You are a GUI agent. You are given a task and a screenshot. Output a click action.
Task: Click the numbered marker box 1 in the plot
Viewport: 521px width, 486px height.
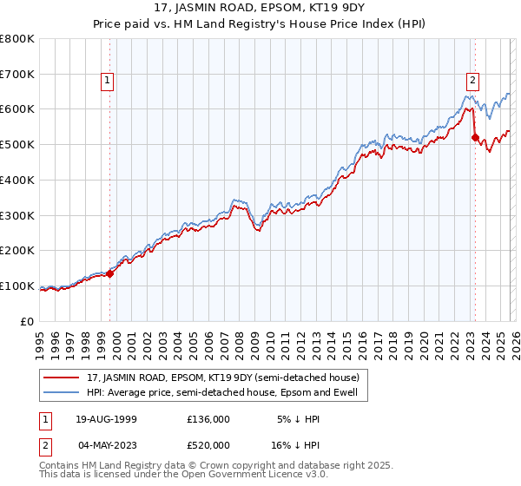pos(107,82)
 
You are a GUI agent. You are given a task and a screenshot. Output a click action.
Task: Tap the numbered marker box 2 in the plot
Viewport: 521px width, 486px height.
pos(472,82)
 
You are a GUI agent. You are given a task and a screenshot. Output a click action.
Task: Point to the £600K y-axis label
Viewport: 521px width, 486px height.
pos(17,109)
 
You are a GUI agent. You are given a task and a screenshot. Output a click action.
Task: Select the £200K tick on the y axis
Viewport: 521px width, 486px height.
pos(17,251)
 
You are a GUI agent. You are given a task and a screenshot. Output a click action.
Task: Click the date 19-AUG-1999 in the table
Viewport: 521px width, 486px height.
pos(105,419)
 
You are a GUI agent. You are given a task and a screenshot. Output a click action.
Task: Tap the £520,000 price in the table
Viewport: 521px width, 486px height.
pos(208,444)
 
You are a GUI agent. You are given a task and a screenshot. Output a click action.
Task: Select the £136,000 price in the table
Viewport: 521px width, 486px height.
pos(208,419)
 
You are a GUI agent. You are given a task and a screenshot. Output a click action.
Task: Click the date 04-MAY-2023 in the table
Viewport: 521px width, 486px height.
pos(105,444)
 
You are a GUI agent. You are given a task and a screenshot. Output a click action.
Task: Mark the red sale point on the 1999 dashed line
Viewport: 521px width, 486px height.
pos(110,273)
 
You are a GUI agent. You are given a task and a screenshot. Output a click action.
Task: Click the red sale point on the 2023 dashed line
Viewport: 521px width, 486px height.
pos(475,137)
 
